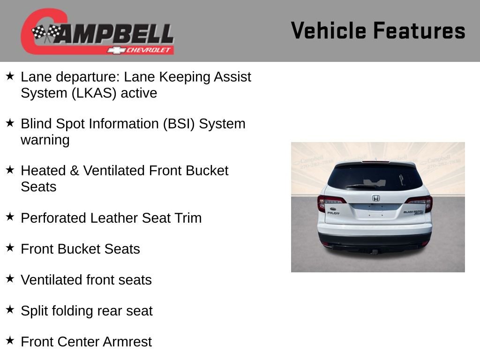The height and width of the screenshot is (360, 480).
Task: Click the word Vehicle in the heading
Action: (x=329, y=30)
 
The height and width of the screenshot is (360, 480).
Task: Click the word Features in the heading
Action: (x=419, y=30)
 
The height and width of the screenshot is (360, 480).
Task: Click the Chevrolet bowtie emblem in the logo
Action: (x=116, y=50)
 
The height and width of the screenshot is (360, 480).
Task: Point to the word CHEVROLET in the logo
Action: (x=148, y=50)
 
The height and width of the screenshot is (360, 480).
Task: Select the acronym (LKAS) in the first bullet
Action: (x=94, y=93)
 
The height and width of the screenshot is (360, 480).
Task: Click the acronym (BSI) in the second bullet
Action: (x=179, y=124)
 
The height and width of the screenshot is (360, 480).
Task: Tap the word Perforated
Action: (x=53, y=218)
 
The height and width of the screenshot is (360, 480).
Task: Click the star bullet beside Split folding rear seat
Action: (x=10, y=309)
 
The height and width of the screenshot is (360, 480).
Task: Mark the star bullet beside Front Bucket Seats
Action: (x=10, y=247)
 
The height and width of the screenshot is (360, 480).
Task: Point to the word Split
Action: (x=34, y=311)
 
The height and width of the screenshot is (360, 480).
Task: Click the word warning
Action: (x=45, y=140)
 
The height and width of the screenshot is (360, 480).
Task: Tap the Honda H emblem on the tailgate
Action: (x=375, y=198)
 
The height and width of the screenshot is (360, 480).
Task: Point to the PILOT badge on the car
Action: (x=333, y=213)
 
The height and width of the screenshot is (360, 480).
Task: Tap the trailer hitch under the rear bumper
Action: (x=375, y=252)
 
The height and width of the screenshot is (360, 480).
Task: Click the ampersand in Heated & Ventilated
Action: (x=75, y=171)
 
